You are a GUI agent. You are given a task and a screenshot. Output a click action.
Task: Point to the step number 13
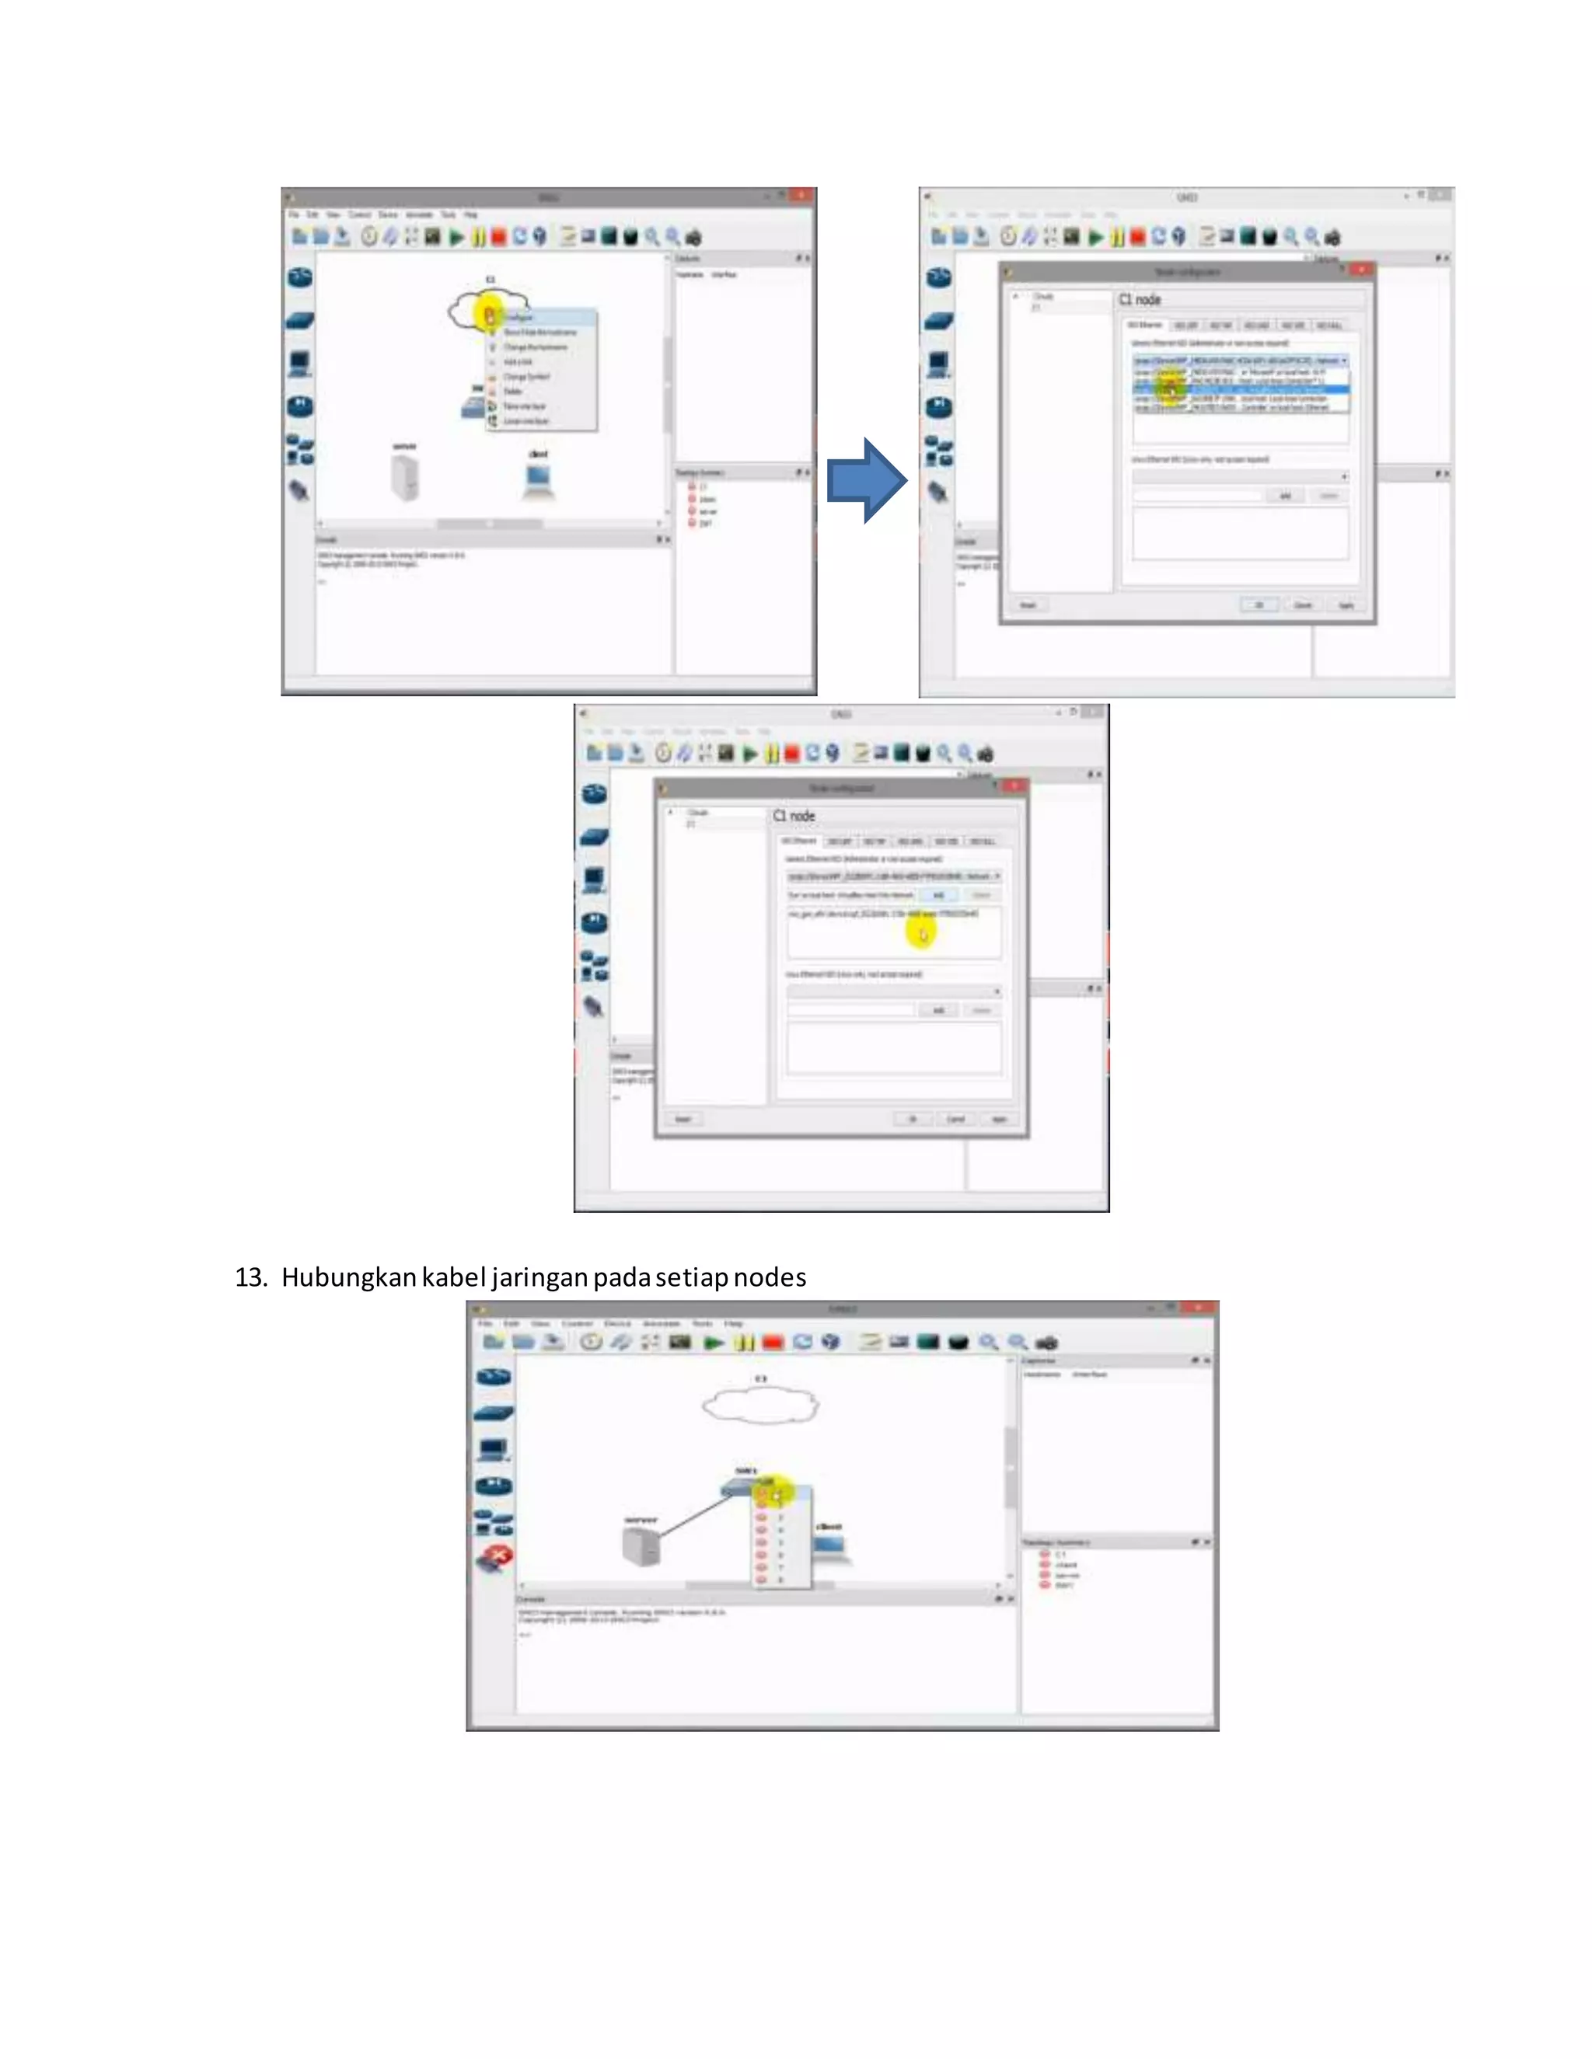coord(251,1277)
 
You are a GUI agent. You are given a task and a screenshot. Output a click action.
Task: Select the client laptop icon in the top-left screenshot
coord(538,481)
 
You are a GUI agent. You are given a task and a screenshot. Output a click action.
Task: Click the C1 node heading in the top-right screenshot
coord(1140,300)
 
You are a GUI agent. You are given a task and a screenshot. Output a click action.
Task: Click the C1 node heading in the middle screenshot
coord(794,816)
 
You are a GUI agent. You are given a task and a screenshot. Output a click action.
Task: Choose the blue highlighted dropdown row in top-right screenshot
coord(1240,389)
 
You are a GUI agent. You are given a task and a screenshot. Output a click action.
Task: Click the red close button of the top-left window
coord(801,195)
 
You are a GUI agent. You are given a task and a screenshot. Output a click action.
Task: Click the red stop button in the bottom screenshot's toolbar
coord(773,1343)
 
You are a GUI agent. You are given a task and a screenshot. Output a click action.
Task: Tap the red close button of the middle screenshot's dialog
coord(1014,786)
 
